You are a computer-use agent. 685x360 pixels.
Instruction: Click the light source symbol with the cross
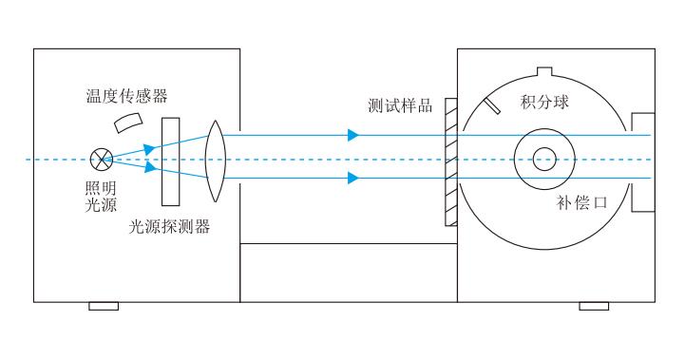pos(101,160)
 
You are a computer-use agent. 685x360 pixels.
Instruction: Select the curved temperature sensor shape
pos(127,123)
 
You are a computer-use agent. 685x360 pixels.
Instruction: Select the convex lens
pos(215,160)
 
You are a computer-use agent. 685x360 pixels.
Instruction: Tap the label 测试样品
pos(400,104)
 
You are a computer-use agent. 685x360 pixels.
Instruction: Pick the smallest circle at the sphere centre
pos(544,159)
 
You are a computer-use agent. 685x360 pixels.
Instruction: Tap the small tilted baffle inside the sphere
pos(491,104)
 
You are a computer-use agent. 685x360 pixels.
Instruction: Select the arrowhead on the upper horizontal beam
pos(353,135)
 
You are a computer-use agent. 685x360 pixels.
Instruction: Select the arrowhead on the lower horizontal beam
pos(353,178)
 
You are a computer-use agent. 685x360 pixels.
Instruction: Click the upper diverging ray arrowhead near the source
pos(148,147)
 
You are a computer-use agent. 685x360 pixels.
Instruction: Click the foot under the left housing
pos(104,306)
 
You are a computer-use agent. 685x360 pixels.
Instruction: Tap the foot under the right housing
pos(594,306)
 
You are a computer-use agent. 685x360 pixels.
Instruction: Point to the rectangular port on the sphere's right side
pos(643,160)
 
